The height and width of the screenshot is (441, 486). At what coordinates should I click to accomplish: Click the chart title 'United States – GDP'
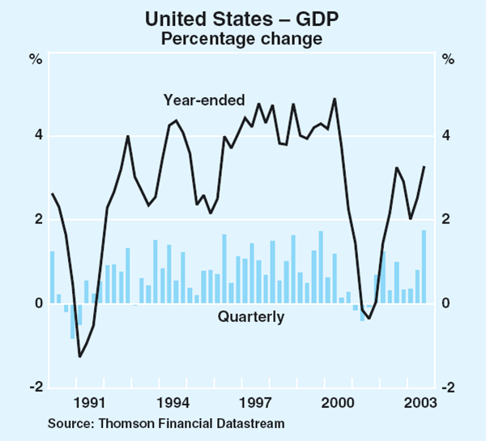[242, 17]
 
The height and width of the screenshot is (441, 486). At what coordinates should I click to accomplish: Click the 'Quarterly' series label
[250, 317]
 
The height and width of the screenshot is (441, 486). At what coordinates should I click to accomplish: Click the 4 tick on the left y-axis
[37, 135]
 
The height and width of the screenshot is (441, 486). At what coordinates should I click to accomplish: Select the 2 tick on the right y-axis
[448, 219]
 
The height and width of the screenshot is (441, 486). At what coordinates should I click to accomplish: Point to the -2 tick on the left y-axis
[35, 388]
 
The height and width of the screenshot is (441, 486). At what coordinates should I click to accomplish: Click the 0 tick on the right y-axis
[448, 303]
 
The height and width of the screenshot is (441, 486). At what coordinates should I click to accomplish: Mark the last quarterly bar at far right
[424, 267]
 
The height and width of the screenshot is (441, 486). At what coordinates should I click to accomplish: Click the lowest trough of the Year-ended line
[79, 356]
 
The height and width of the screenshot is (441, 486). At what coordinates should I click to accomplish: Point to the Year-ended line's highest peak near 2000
[335, 99]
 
